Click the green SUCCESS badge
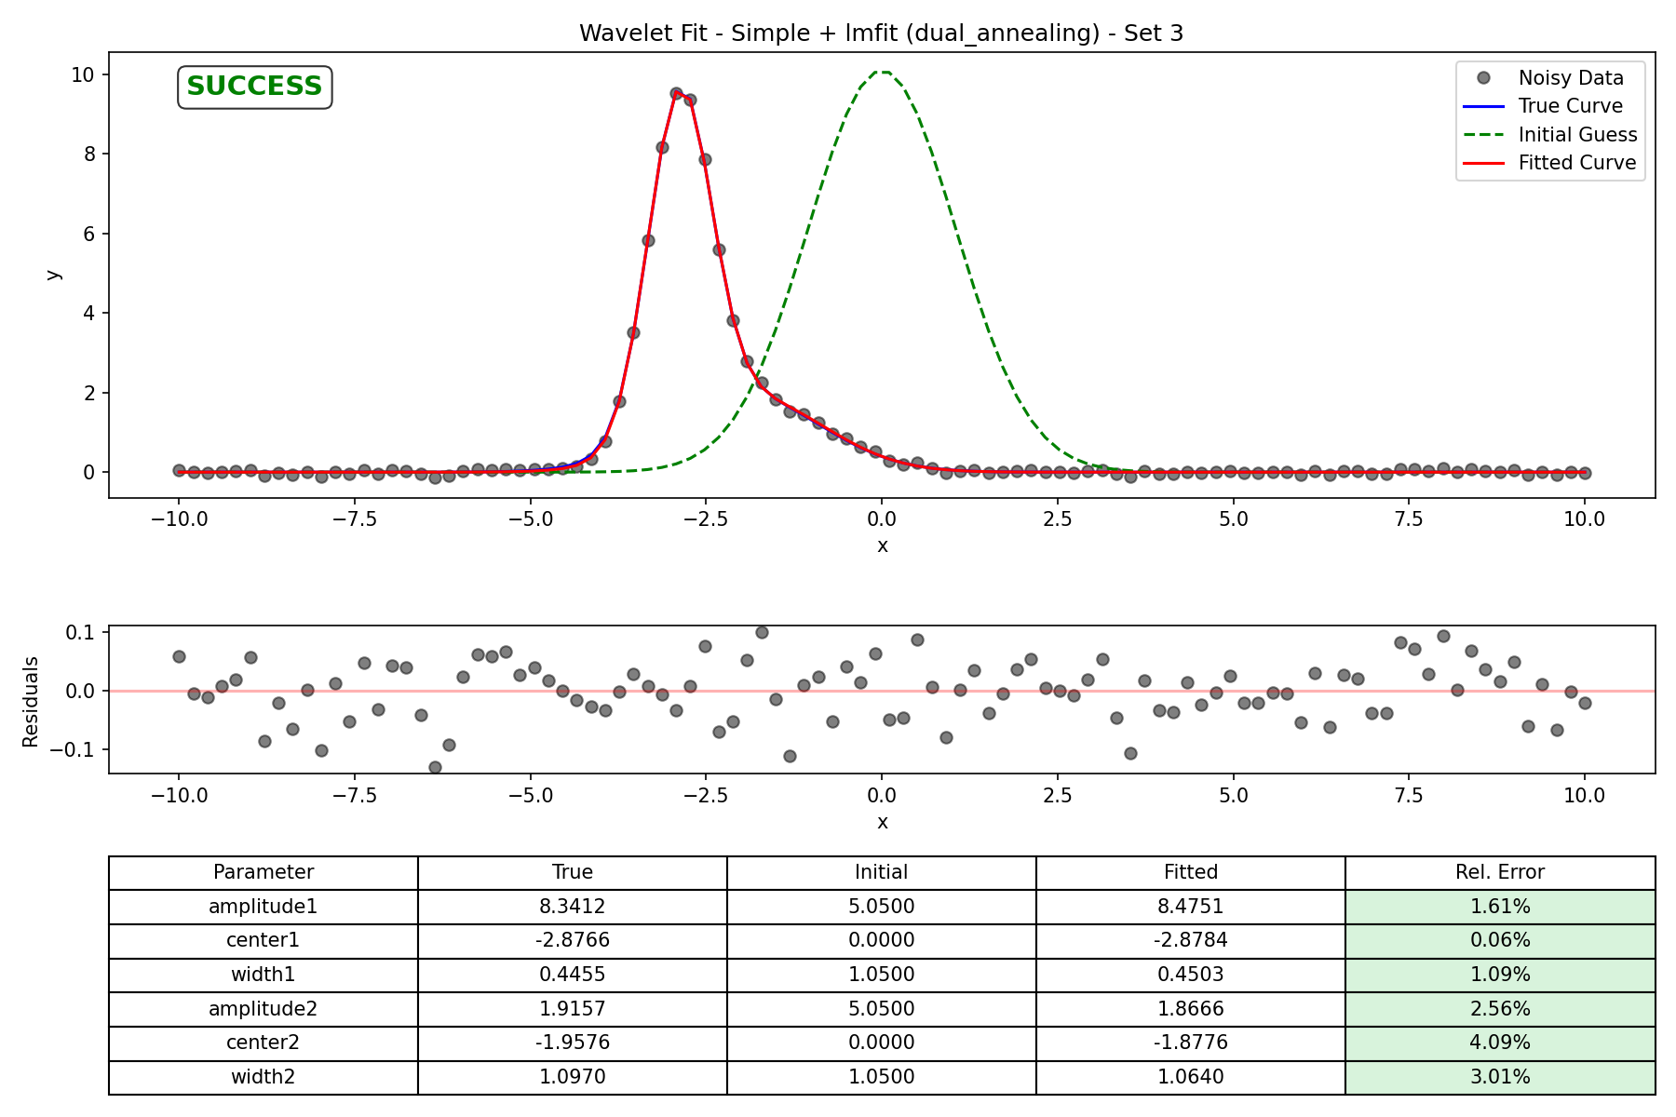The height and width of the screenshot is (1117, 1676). coord(254,87)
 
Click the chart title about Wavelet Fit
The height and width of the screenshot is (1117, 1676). coord(881,34)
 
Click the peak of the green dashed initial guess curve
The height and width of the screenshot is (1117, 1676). coord(882,72)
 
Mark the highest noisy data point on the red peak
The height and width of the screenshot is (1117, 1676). coord(676,94)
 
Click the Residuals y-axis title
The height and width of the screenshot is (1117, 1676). coord(31,701)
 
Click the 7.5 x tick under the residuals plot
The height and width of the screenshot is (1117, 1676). coord(1409,796)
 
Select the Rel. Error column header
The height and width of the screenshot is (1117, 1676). coord(1500,872)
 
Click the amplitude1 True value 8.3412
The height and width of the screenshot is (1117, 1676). coord(573,907)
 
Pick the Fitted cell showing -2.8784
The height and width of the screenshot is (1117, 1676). coord(1191,940)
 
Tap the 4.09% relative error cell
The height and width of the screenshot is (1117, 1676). coord(1500,1043)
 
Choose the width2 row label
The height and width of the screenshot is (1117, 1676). coord(264,1077)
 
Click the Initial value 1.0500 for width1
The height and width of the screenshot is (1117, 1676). coord(882,975)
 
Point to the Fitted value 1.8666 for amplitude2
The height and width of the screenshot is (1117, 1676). coord(1191,1009)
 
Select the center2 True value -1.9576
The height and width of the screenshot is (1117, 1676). coord(573,1043)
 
